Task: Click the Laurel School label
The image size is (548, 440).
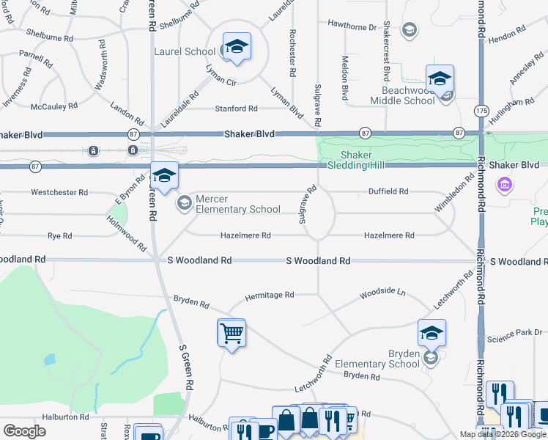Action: [184, 51]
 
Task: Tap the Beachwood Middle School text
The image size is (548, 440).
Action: [402, 95]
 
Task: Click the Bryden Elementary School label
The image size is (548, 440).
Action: [377, 359]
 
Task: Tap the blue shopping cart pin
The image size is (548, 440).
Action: [232, 334]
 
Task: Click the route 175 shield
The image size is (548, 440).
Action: [481, 110]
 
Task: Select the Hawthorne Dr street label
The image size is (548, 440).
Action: [352, 26]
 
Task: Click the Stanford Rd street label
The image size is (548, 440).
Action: [236, 109]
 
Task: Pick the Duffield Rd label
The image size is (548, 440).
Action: [388, 191]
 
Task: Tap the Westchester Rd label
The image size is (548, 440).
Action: [59, 193]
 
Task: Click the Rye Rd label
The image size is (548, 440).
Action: [59, 236]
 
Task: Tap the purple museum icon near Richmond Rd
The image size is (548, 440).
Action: [503, 186]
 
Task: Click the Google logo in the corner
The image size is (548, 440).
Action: [24, 431]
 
